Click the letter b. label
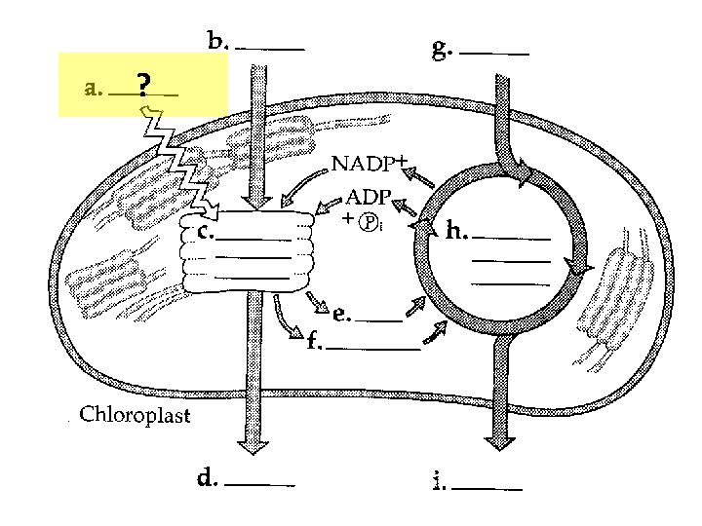[x=218, y=42]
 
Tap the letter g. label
[x=442, y=49]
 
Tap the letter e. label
[x=341, y=314]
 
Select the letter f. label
[x=314, y=342]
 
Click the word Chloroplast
[x=135, y=416]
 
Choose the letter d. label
[x=208, y=478]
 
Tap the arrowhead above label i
[x=501, y=442]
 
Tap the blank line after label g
[x=494, y=54]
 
